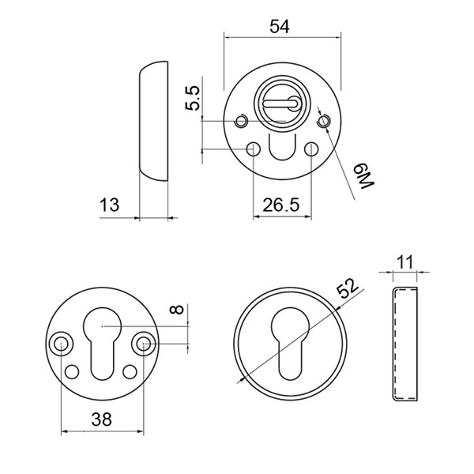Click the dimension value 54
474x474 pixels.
coord(278,26)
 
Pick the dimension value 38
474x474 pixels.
coord(100,420)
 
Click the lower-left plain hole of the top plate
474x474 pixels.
coord(254,149)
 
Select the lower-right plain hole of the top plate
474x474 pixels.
coord(311,149)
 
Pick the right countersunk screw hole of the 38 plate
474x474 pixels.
coord(144,344)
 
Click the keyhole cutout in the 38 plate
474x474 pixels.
coord(103,340)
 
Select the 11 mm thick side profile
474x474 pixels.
coord(404,344)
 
